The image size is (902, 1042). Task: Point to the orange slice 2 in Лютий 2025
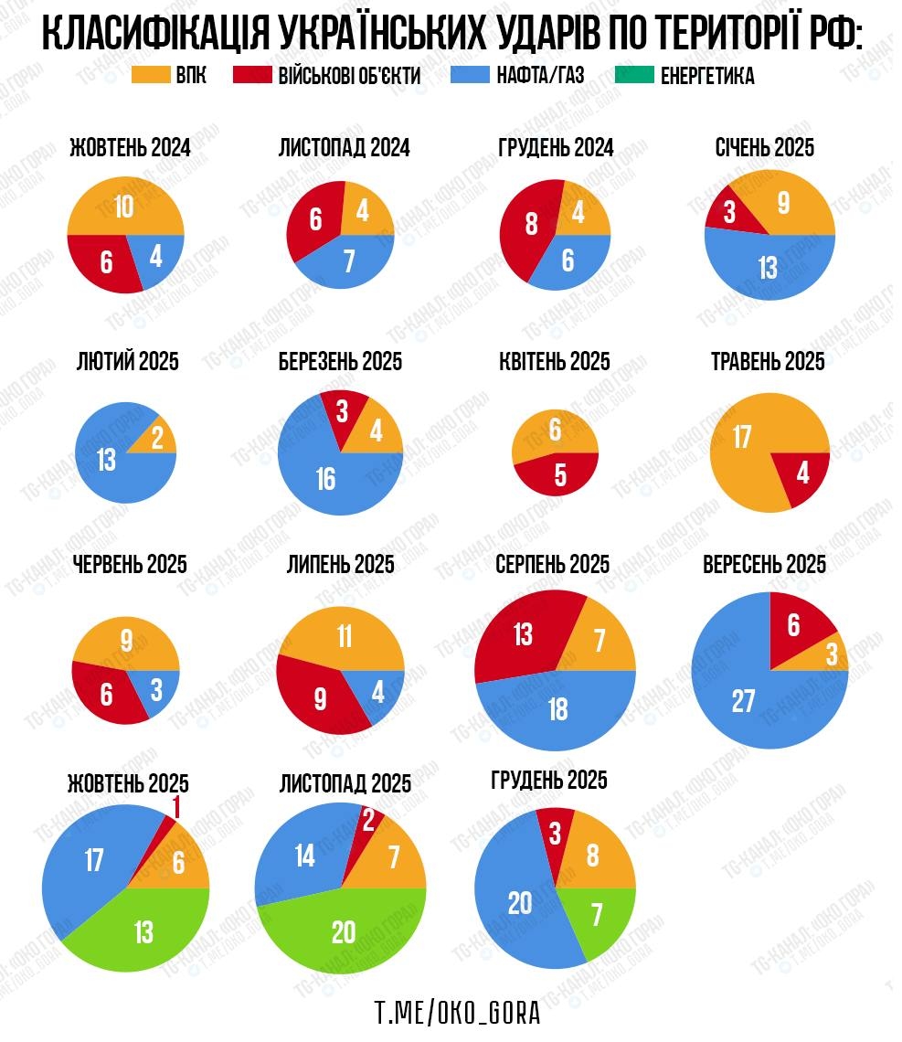(x=156, y=440)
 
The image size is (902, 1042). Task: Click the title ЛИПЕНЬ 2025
(x=340, y=564)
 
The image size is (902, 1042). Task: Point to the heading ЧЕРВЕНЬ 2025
(x=129, y=564)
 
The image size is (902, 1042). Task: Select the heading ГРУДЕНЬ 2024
(x=555, y=147)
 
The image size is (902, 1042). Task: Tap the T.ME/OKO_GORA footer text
(x=457, y=1013)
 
